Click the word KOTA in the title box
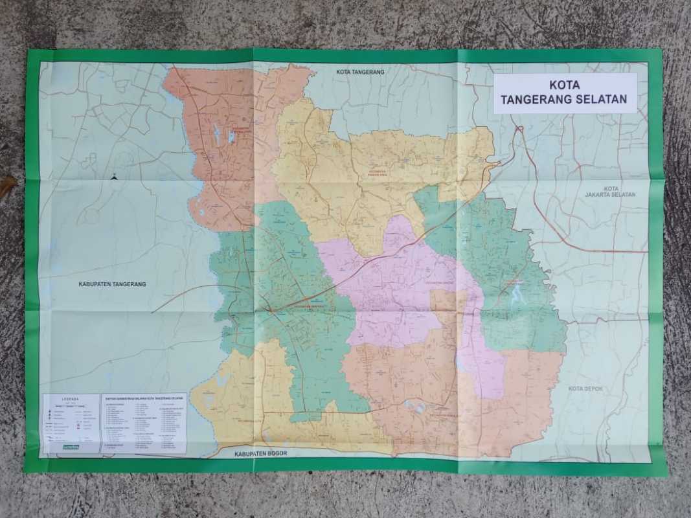pos(564,85)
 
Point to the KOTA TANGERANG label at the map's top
pos(360,72)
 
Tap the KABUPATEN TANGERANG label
pos(112,284)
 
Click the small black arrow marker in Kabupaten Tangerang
pos(114,175)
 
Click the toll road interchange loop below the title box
pos(519,130)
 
